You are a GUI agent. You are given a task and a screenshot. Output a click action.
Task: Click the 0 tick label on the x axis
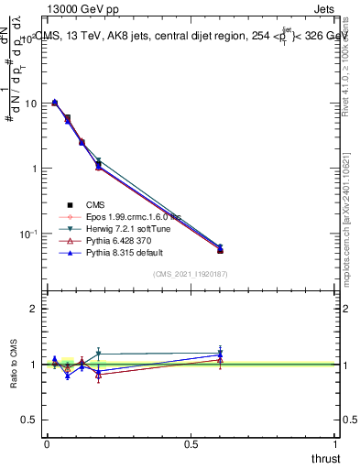click(47, 444)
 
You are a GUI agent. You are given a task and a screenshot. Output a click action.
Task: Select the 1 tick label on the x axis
click(336, 444)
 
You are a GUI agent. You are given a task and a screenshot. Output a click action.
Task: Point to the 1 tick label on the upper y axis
click(33, 169)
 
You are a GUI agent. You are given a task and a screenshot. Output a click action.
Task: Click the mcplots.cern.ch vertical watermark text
click(348, 229)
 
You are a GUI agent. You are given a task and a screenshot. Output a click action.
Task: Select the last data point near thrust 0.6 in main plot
click(220, 249)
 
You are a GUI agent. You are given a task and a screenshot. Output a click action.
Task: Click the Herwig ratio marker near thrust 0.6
click(220, 352)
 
